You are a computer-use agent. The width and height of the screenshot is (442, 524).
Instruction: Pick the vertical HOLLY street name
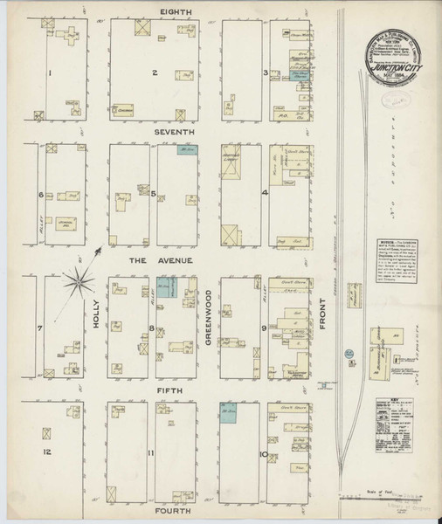pos(96,316)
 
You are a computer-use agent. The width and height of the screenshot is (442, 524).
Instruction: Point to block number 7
pos(39,329)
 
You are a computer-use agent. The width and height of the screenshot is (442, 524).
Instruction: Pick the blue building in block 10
pos(230,411)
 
